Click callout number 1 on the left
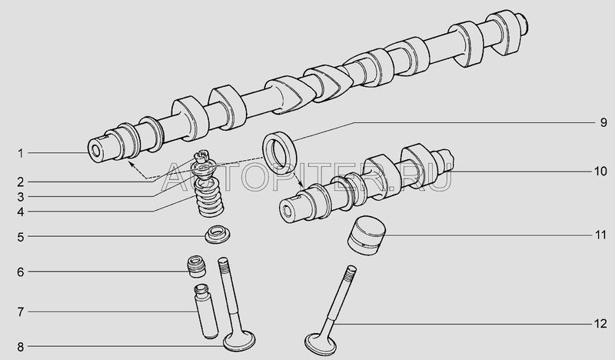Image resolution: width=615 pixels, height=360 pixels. [21, 153]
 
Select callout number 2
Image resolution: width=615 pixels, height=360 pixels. [21, 182]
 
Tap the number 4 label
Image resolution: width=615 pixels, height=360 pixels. [21, 212]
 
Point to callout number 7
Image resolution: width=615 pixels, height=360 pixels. [21, 312]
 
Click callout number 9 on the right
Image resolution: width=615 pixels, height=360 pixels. [603, 123]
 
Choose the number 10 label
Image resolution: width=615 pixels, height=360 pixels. [600, 172]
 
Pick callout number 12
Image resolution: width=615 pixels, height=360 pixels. [600, 324]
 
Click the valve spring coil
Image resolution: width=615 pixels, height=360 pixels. [209, 198]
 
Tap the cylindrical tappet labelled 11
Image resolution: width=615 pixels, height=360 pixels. [367, 235]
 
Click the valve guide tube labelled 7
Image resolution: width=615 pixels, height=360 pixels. [206, 312]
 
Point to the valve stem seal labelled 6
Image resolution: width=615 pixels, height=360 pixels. [197, 266]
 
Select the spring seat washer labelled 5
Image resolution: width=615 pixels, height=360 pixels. [218, 235]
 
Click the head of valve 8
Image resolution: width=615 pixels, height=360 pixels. [239, 342]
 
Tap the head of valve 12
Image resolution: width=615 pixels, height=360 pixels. [321, 345]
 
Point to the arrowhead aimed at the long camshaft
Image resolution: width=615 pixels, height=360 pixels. [131, 163]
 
